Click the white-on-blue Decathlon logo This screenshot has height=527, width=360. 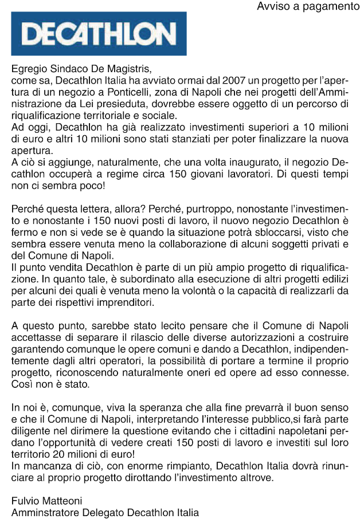[x=99, y=34]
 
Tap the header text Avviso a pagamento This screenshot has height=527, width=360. [x=307, y=7]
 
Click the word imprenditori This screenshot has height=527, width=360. [x=127, y=300]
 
